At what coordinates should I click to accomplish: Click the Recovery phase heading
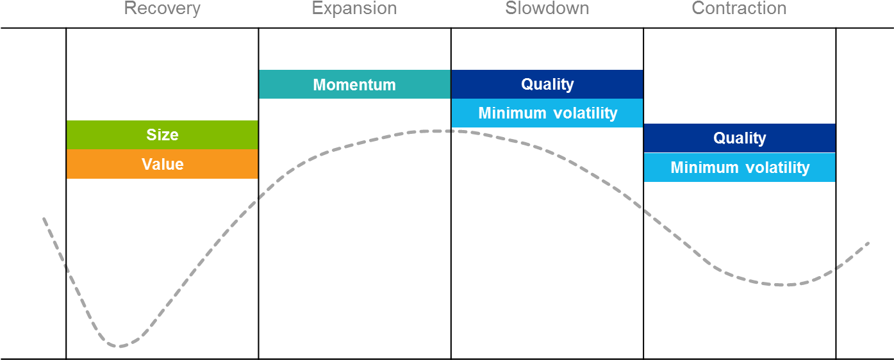coord(162,8)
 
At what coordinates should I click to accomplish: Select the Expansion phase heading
coord(354,8)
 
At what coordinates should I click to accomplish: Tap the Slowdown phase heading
coord(547,8)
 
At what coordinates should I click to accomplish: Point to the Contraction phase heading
coord(739,8)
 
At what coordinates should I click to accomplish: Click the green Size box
coord(162,135)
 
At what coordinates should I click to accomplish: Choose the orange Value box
coord(162,164)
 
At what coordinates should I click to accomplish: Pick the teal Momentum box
coord(355,84)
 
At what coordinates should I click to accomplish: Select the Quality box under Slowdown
coord(547,84)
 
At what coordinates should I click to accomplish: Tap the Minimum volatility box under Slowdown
coord(547,113)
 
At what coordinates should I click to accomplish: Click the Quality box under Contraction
coord(740,138)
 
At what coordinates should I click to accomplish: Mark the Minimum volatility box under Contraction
coord(740,167)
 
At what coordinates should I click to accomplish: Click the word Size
coord(162,135)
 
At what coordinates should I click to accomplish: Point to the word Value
coord(163,165)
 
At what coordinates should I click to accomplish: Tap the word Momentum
coord(354,85)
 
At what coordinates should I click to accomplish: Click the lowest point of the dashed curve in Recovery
coord(119,346)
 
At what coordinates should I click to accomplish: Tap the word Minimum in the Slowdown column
coord(513,113)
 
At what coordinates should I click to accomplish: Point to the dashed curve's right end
coord(869,243)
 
